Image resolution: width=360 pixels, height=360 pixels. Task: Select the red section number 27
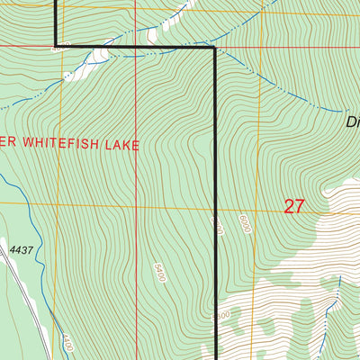293,206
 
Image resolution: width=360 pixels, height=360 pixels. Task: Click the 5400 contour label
160,271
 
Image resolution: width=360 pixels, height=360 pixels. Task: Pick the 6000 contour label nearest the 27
244,222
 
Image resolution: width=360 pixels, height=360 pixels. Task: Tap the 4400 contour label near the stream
66,342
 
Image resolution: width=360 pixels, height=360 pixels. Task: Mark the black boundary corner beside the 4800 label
58,46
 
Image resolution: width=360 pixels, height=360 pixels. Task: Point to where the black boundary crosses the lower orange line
216,205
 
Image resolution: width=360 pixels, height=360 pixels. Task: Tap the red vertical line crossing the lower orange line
136,205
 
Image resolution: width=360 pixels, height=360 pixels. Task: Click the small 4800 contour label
61,50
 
